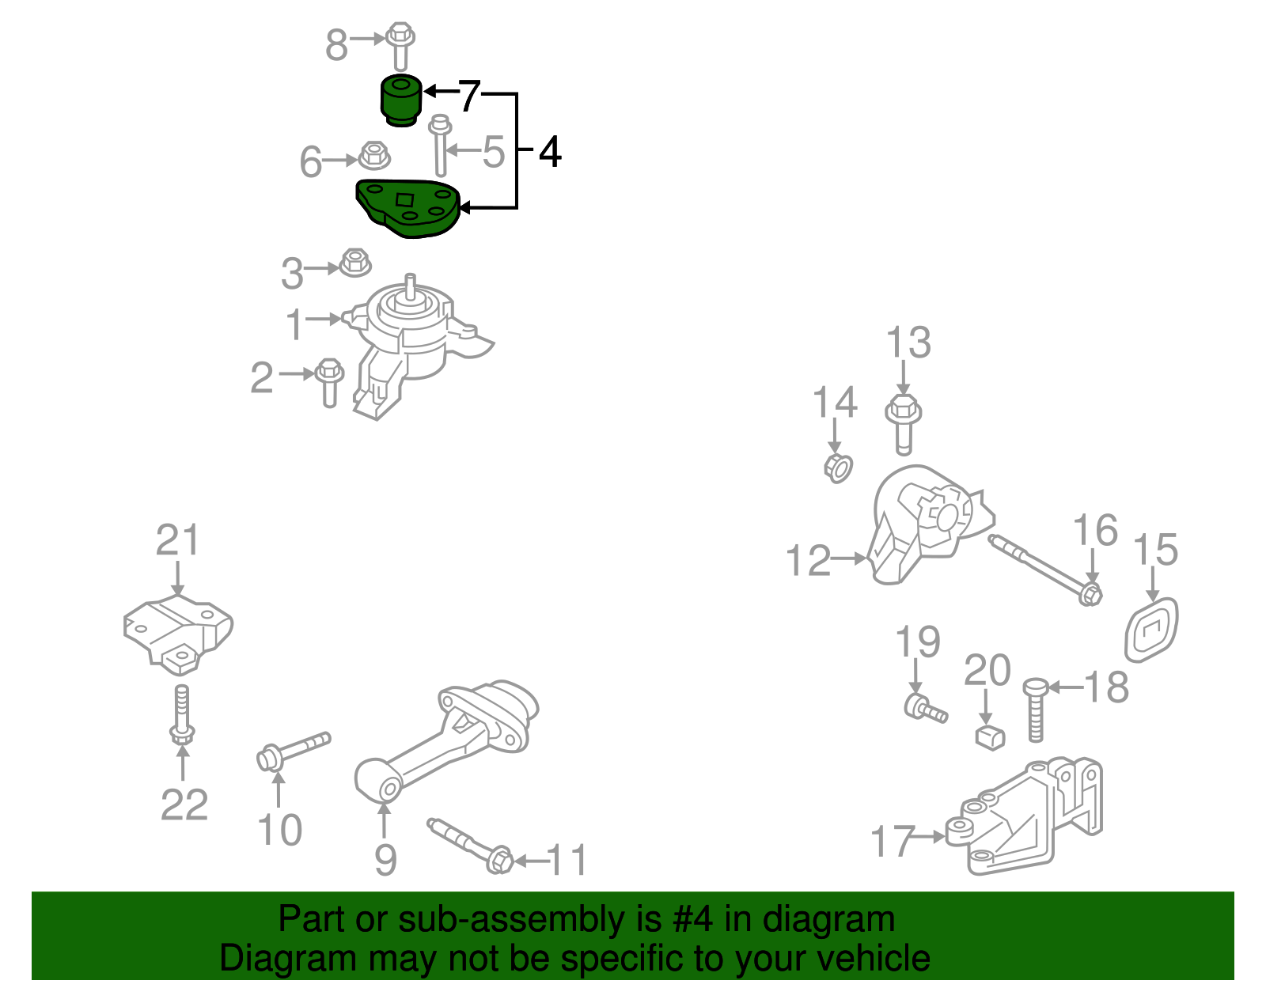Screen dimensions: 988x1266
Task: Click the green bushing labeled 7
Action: (401, 100)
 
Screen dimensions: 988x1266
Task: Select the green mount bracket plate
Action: (408, 208)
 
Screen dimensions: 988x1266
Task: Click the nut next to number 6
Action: (373, 155)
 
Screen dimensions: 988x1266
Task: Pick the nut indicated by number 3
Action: (355, 263)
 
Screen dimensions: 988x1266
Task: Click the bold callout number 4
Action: (550, 151)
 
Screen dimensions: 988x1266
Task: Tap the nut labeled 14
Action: (837, 468)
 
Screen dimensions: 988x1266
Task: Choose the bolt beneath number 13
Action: (903, 424)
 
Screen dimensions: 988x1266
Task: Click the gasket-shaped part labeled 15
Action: (1152, 630)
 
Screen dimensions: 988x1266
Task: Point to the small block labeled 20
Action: (989, 736)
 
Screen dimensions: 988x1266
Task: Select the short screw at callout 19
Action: (925, 707)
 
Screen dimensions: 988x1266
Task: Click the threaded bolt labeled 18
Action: (1035, 709)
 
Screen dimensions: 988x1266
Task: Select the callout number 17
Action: (893, 840)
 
